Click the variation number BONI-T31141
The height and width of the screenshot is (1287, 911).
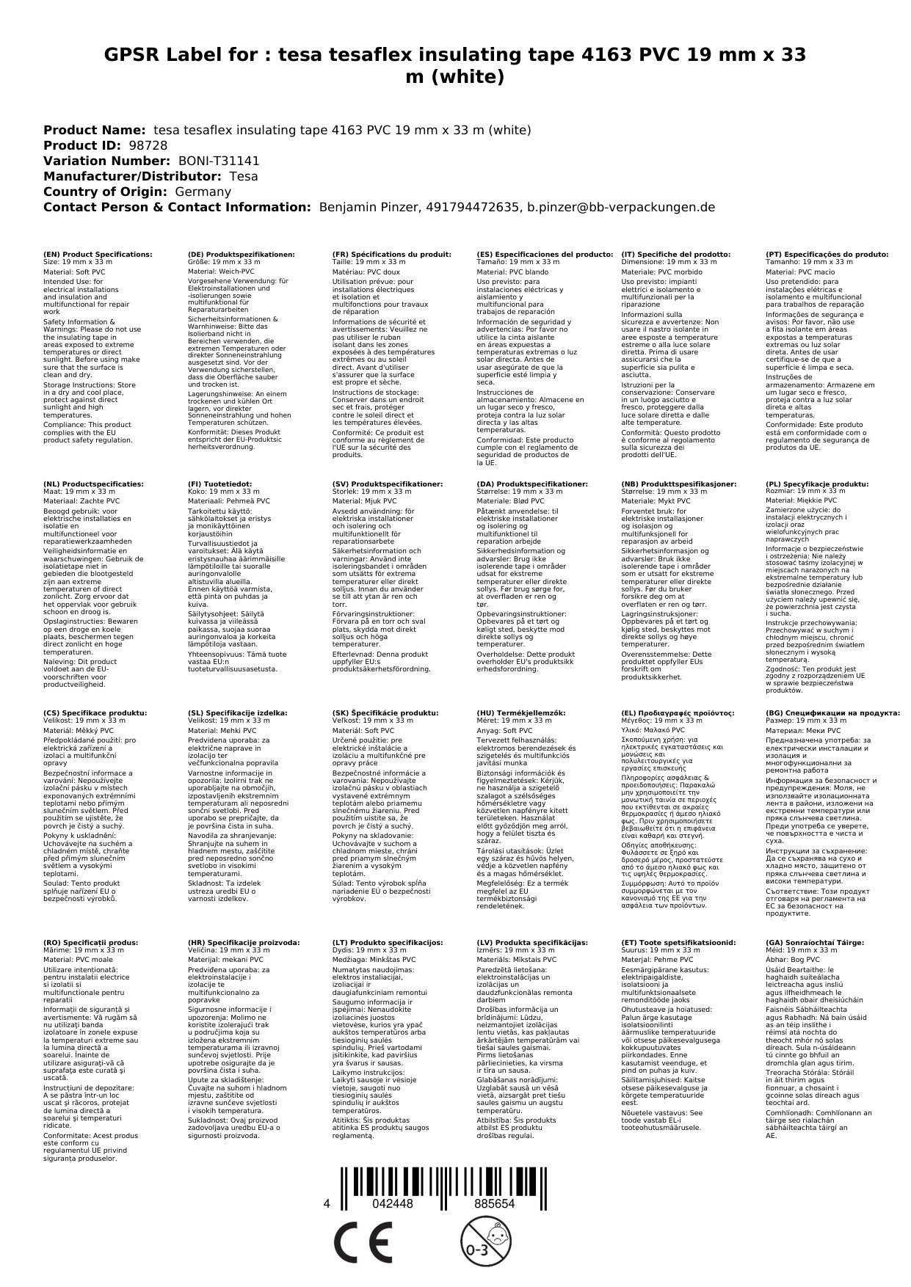(x=219, y=161)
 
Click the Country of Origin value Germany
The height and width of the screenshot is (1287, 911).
(x=203, y=192)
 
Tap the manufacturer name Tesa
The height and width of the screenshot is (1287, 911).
(x=244, y=177)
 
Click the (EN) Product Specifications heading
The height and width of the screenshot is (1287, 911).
(x=98, y=255)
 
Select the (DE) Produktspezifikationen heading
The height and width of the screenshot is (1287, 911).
(x=241, y=255)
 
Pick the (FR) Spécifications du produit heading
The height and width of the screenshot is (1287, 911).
(x=391, y=255)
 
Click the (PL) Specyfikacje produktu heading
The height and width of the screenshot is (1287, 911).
(x=816, y=484)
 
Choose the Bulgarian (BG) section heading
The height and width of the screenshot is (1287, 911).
(x=832, y=712)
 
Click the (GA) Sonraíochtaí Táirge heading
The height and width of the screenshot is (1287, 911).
(x=815, y=942)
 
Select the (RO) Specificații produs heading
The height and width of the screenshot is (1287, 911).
(x=90, y=942)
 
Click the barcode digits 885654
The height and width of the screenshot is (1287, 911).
(x=494, y=1204)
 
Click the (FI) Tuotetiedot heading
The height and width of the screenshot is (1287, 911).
(x=219, y=484)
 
